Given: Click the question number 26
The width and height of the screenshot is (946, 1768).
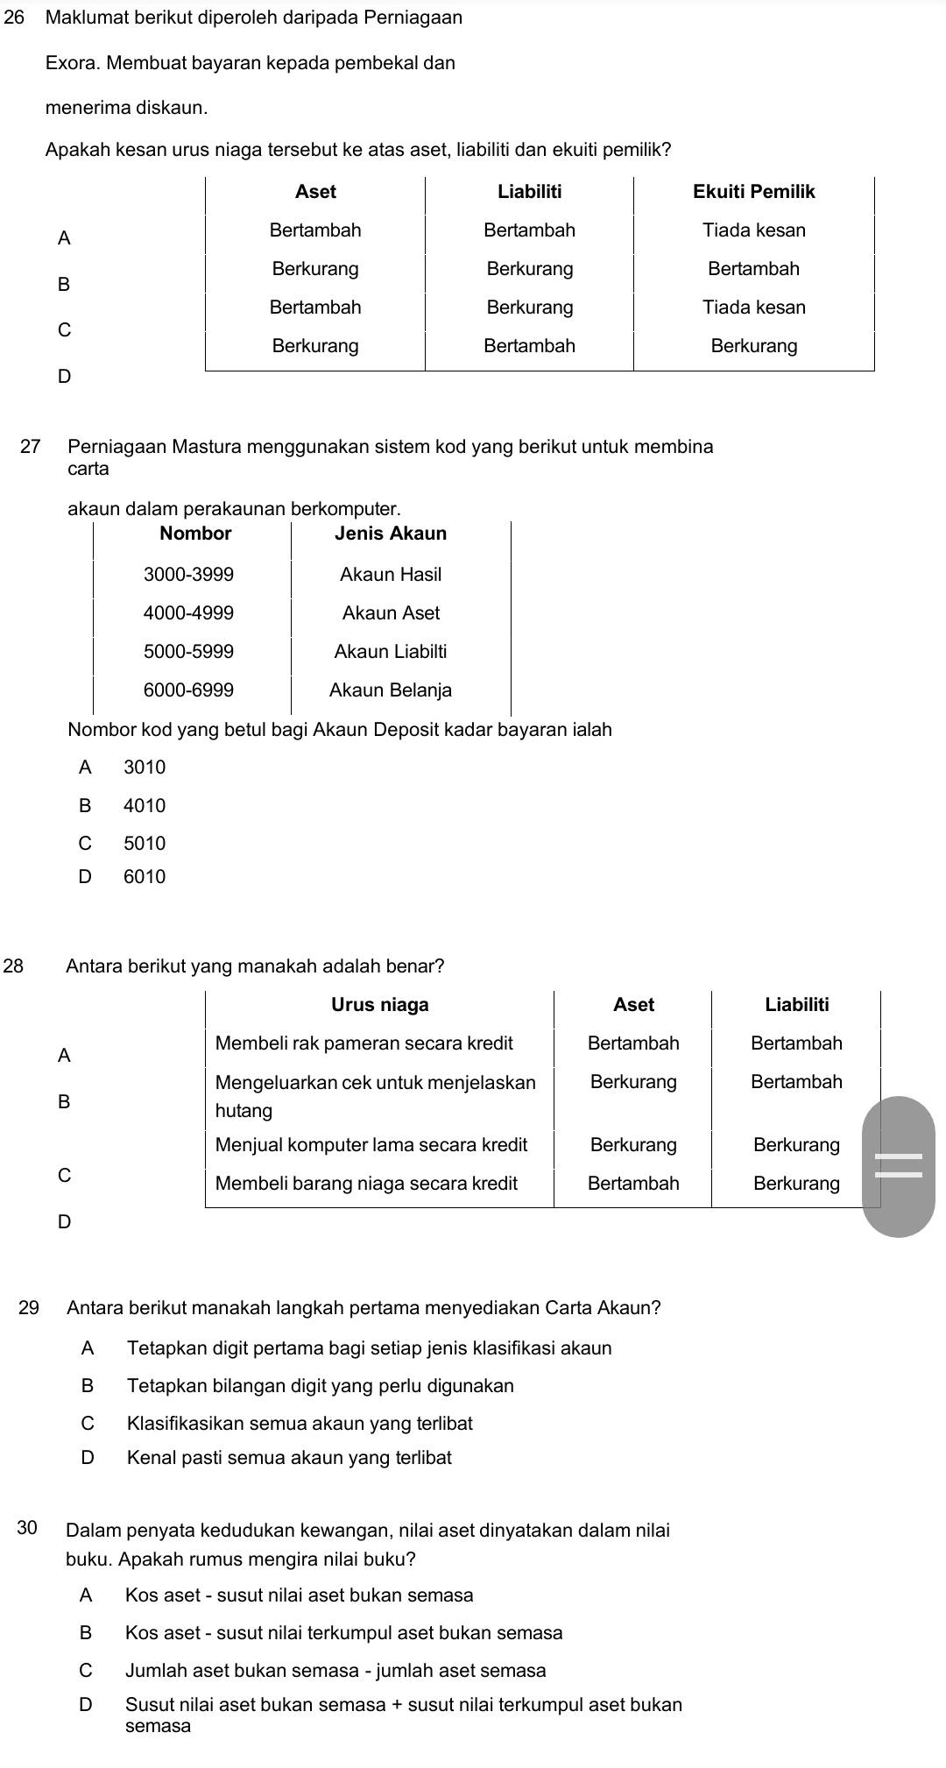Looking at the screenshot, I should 12,18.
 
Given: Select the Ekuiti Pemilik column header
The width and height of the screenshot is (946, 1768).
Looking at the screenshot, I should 753,192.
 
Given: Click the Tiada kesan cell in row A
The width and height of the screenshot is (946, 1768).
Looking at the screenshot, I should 753,230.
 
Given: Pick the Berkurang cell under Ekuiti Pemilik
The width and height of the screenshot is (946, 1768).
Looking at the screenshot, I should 753,346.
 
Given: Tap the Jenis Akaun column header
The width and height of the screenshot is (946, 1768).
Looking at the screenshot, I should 391,534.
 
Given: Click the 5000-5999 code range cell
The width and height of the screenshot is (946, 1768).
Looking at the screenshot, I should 189,652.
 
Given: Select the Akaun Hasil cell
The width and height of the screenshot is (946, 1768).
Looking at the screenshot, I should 391,575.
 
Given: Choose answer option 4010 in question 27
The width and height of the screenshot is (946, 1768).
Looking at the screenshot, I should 145,806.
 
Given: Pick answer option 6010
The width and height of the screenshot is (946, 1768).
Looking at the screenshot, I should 145,877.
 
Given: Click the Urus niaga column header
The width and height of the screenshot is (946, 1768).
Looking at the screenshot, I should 380,1005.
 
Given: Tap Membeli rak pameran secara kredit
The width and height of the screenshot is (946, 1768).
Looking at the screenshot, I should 364,1043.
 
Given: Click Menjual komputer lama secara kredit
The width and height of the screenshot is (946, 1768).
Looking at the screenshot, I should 371,1145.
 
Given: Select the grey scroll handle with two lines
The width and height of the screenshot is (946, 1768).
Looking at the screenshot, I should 899,1166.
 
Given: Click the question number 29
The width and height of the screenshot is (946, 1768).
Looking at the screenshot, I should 29,1308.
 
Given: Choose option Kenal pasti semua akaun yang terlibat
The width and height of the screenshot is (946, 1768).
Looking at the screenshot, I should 289,1458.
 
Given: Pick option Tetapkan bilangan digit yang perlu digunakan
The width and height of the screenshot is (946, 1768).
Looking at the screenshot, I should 321,1386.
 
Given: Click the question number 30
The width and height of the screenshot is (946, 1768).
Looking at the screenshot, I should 27,1530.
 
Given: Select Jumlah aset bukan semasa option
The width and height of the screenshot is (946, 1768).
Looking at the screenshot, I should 335,1671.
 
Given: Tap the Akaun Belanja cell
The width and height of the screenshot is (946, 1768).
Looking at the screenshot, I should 391,690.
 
